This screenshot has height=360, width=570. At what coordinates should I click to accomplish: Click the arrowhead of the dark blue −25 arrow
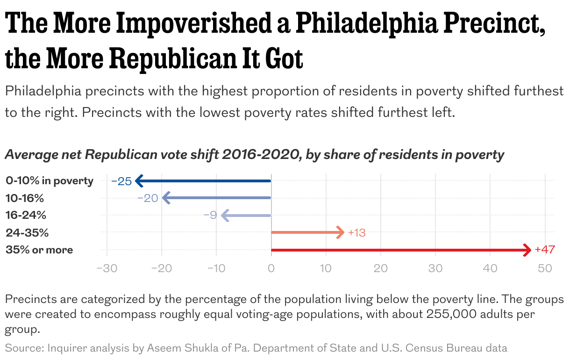[x=138, y=181]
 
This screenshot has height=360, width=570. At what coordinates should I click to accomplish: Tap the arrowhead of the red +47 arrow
[x=527, y=250]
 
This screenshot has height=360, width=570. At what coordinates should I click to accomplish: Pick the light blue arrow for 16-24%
[x=248, y=215]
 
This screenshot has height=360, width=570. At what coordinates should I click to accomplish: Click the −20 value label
[x=148, y=198]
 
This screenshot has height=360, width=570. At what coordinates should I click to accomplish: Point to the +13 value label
[x=357, y=233]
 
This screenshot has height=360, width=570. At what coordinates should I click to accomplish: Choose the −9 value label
[x=210, y=216]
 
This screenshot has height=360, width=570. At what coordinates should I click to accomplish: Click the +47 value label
[x=545, y=250]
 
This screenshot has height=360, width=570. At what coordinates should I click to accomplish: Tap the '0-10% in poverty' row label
[x=50, y=181]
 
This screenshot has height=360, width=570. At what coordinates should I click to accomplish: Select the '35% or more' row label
[x=39, y=250]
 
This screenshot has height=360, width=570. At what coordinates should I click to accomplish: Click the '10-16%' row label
[x=25, y=198]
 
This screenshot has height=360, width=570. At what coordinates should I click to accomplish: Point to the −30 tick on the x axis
[x=107, y=269]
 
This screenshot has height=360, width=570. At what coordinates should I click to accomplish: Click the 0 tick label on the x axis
[x=271, y=269]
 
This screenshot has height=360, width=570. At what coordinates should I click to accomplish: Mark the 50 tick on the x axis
[x=545, y=269]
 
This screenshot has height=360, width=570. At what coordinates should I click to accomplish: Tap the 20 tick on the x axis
[x=381, y=269]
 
